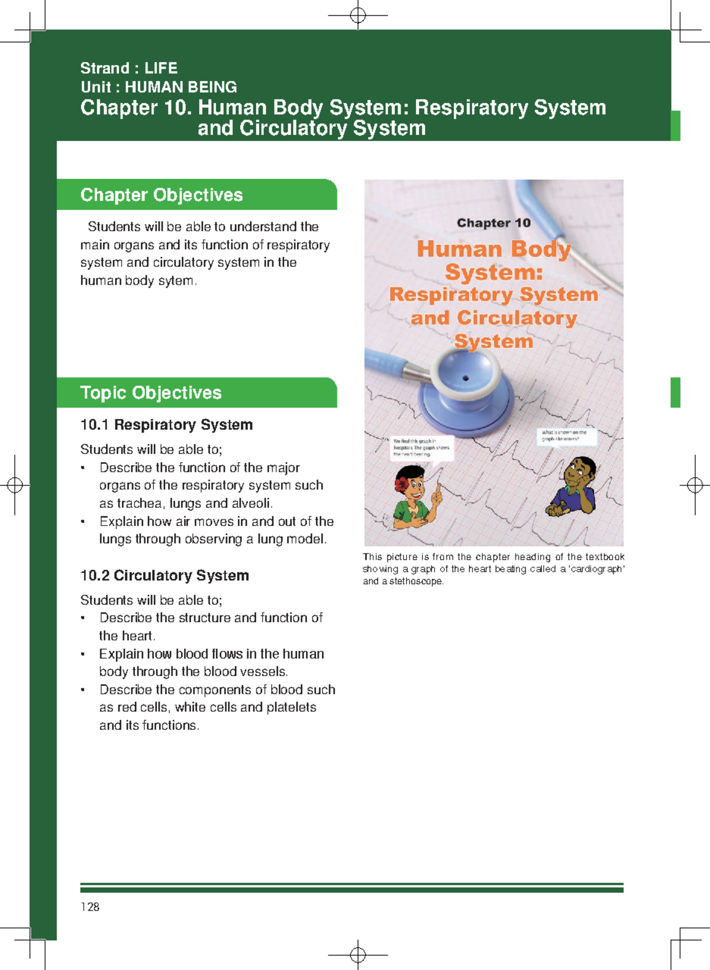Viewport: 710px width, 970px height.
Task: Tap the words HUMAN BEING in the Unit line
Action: pyautogui.click(x=180, y=87)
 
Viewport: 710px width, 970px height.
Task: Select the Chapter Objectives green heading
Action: pyautogui.click(x=162, y=195)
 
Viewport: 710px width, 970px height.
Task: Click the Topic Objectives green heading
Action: pyautogui.click(x=151, y=392)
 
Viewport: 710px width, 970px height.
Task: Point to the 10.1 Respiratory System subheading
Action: pyautogui.click(x=166, y=424)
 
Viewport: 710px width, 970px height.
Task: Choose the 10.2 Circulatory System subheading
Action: pyautogui.click(x=164, y=575)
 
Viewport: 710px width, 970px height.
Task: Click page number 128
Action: pyautogui.click(x=90, y=907)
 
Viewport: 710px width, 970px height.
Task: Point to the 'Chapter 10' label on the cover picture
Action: pyautogui.click(x=493, y=223)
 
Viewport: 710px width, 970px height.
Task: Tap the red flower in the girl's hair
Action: pyautogui.click(x=402, y=484)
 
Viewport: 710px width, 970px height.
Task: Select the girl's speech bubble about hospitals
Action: pyautogui.click(x=422, y=447)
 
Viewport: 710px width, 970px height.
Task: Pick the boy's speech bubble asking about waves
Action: pyautogui.click(x=565, y=436)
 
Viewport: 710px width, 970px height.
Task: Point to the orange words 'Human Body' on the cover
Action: pyautogui.click(x=493, y=249)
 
